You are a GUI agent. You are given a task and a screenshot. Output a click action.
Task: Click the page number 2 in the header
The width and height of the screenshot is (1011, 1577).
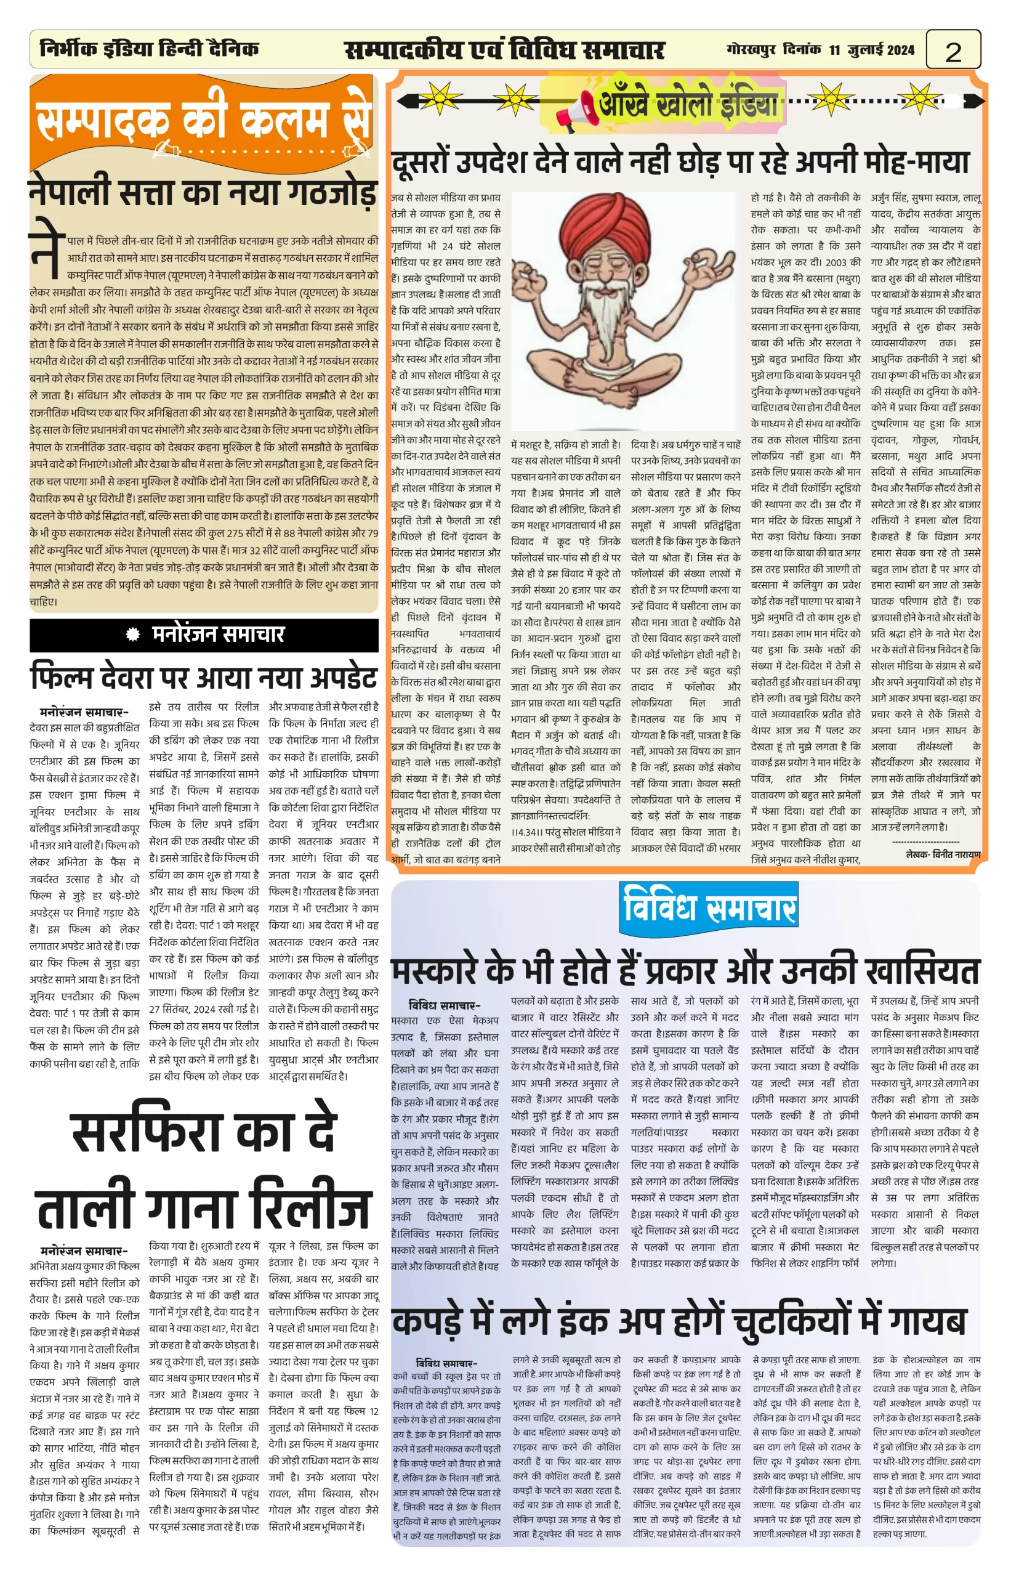coord(953,51)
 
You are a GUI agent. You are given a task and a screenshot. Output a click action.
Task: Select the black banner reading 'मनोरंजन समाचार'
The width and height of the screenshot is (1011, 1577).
coord(204,634)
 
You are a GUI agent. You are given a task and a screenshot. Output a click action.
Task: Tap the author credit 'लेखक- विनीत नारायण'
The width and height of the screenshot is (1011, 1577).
coord(943,854)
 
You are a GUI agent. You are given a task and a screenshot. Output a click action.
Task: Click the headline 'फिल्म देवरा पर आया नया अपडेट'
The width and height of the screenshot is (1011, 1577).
coord(204,677)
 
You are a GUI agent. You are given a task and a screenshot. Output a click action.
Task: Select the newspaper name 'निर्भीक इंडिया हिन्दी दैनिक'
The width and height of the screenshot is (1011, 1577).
coord(150,49)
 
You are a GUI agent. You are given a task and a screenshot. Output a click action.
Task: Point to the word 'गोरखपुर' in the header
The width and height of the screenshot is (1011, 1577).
coord(752,50)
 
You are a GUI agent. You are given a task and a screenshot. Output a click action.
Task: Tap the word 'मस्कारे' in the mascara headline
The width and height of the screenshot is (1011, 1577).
coord(446,971)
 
